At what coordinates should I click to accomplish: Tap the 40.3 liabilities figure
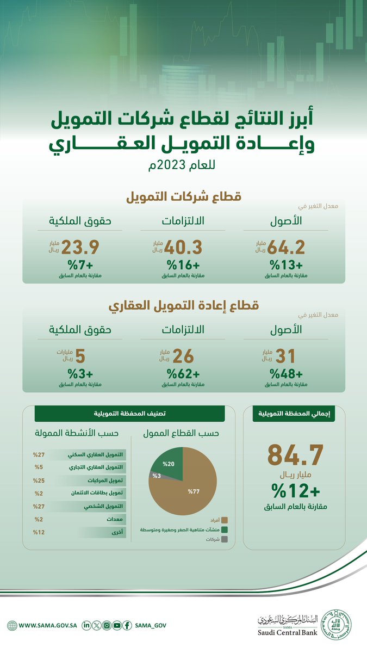[x=184, y=248]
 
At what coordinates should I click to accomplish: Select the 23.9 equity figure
[x=80, y=248]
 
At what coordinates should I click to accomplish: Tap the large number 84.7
[x=295, y=455]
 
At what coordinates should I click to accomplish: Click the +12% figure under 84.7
[x=295, y=491]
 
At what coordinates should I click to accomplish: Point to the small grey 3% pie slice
[x=155, y=475]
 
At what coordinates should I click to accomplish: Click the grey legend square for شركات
[x=224, y=539]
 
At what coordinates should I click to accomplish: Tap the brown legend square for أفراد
[x=224, y=520]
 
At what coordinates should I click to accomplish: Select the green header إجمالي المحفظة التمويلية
[x=294, y=414]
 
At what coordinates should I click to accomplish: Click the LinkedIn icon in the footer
[x=86, y=626]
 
